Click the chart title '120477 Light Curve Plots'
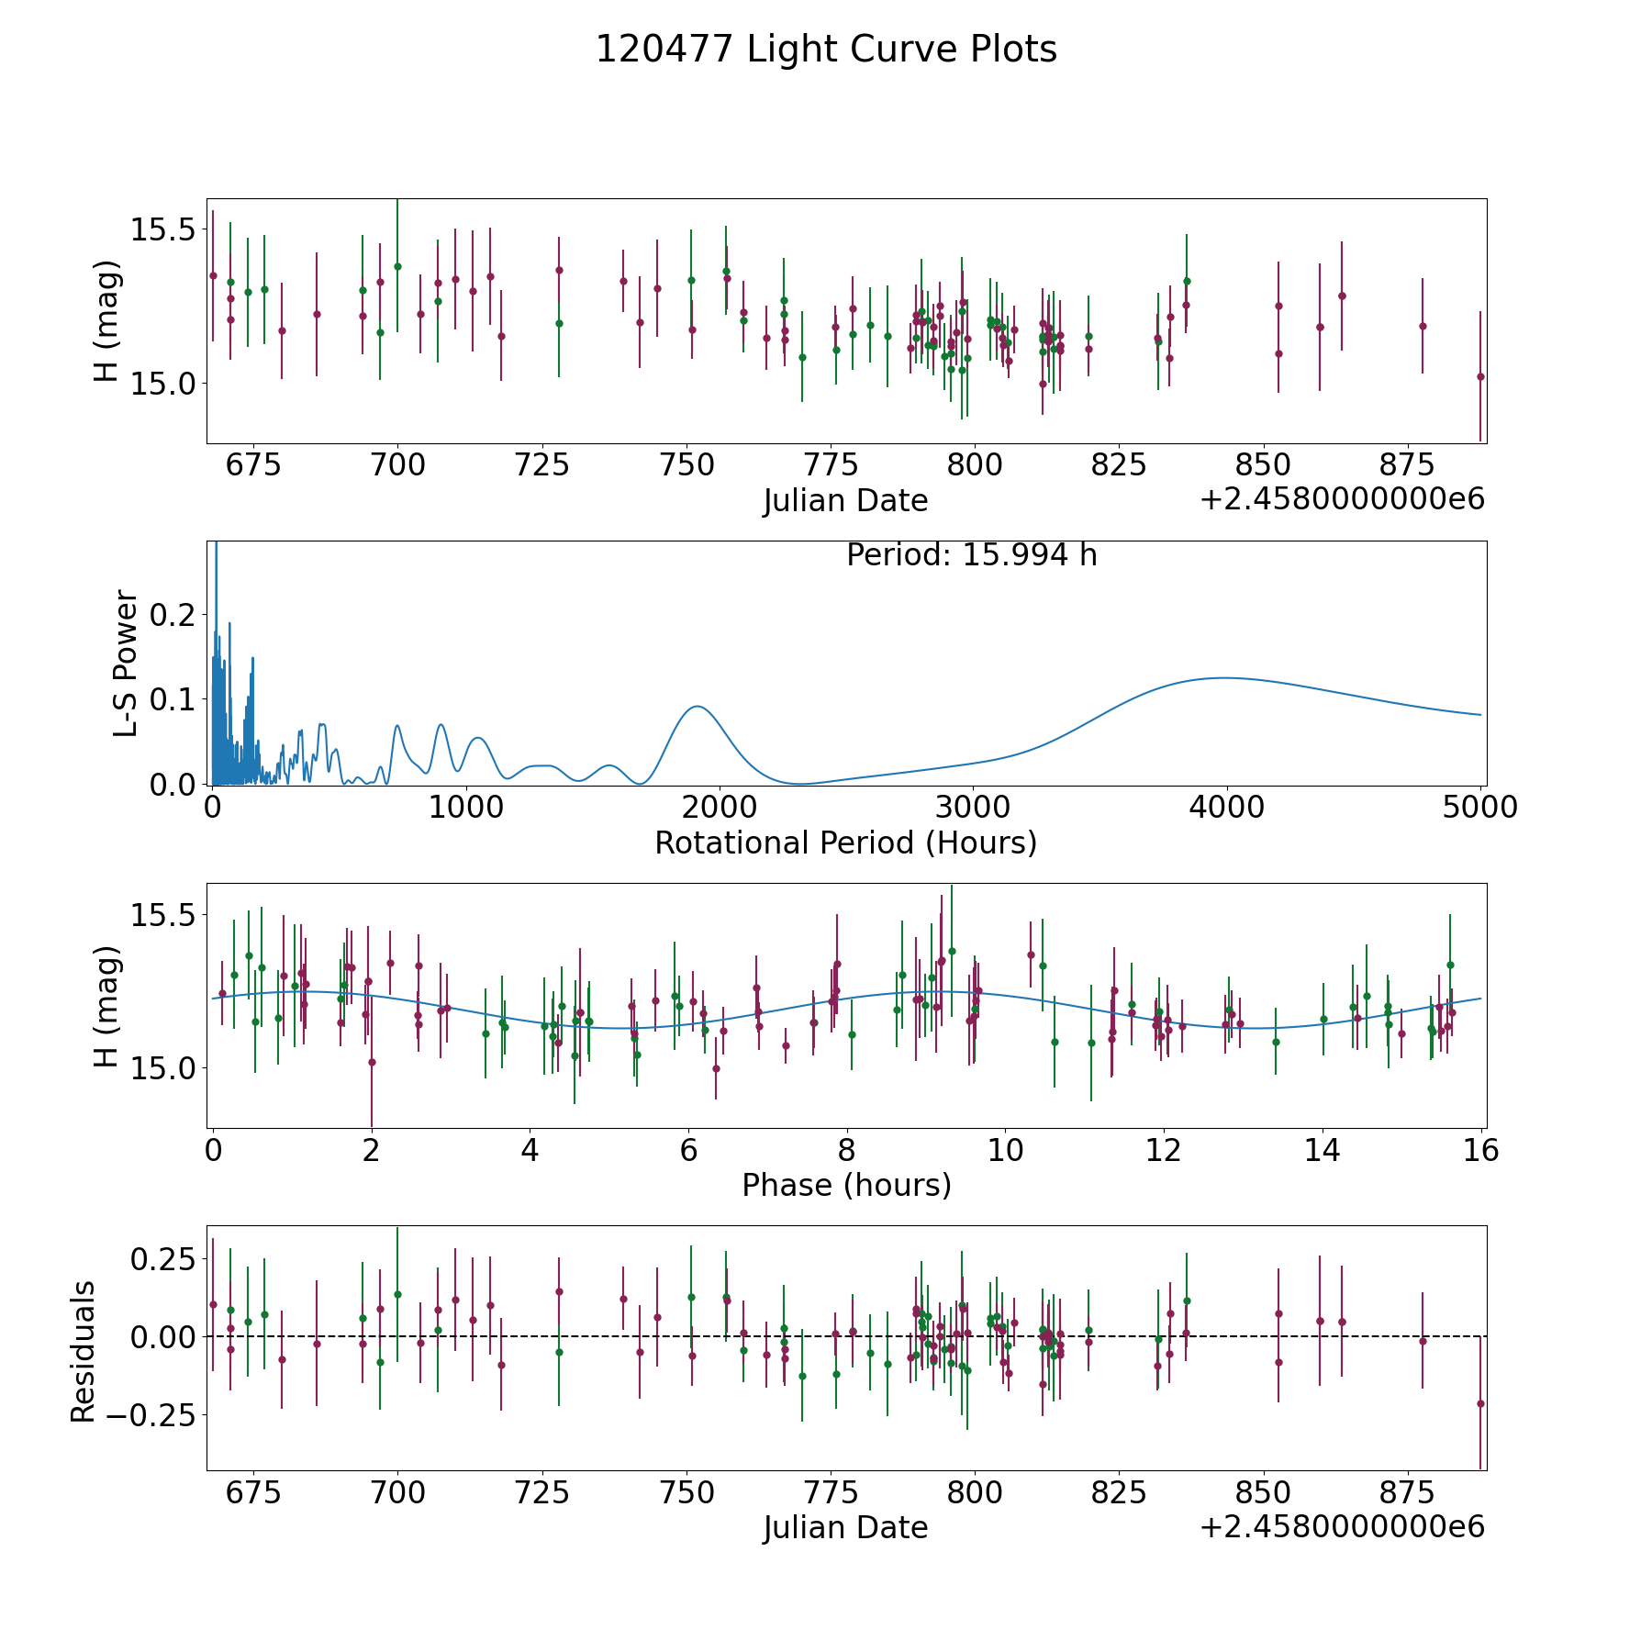(826, 50)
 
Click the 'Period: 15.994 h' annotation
(971, 555)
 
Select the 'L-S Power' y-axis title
(126, 663)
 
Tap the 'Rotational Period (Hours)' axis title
(845, 843)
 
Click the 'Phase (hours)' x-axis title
(845, 1185)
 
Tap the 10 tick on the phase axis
(1005, 1150)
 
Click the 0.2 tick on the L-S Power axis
(174, 614)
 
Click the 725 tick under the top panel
(541, 465)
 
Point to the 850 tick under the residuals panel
(1263, 1493)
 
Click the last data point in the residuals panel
(1479, 1403)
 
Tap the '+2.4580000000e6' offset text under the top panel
(1342, 500)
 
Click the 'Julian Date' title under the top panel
(845, 501)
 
